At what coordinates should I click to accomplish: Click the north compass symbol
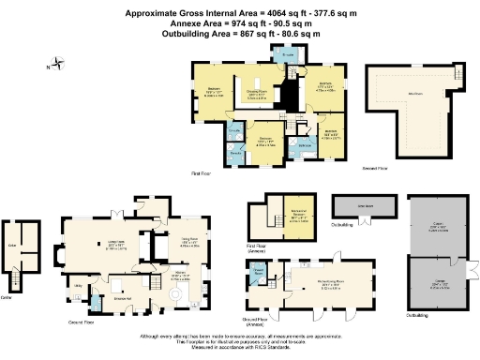click(x=57, y=66)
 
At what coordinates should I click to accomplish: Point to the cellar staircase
click(x=16, y=277)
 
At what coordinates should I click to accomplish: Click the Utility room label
click(x=79, y=285)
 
